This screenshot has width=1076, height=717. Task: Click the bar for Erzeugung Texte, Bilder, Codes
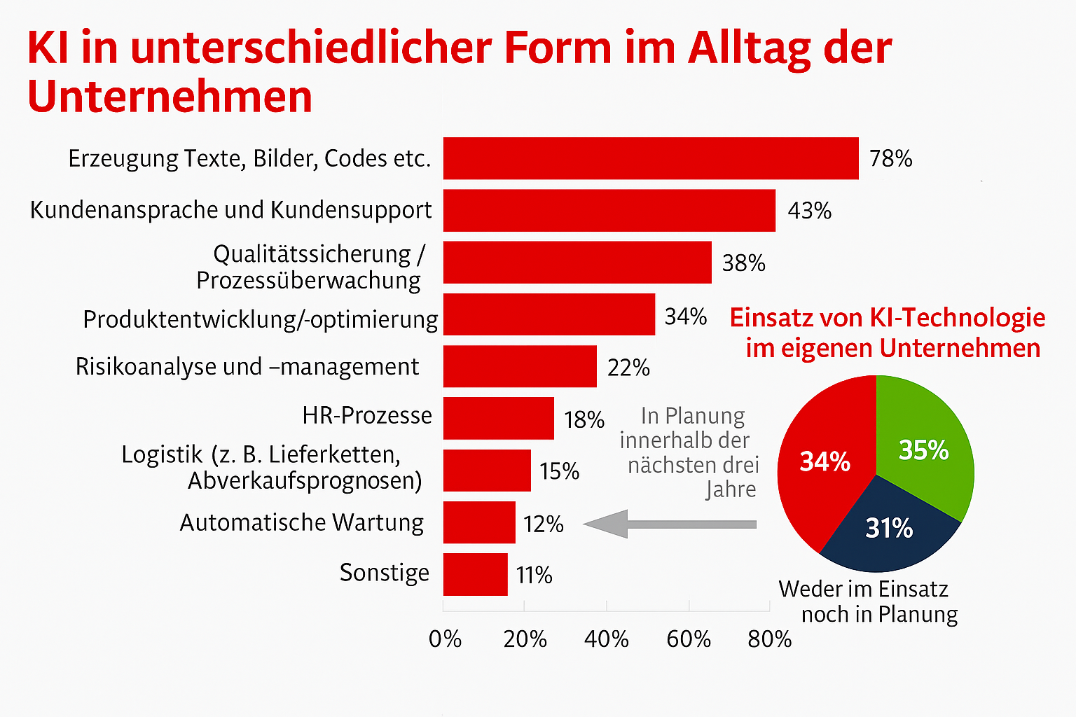(x=650, y=158)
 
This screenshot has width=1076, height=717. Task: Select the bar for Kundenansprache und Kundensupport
(x=609, y=210)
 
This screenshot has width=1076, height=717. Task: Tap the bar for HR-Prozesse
(x=498, y=418)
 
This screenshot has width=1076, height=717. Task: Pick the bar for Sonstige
(x=475, y=574)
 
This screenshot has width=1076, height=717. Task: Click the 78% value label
(x=890, y=159)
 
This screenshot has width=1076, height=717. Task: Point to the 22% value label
(x=628, y=368)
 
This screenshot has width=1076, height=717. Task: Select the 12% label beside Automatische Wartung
(x=544, y=524)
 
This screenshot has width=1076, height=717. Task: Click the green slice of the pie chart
(x=923, y=448)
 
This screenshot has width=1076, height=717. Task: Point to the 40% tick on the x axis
(x=607, y=639)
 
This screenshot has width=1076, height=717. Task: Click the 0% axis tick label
(x=445, y=639)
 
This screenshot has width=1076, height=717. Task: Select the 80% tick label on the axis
(x=769, y=639)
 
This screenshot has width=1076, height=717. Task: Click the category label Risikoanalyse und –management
(x=247, y=367)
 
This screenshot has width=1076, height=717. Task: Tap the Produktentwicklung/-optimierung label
(x=260, y=319)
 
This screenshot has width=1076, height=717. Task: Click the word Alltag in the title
(x=747, y=48)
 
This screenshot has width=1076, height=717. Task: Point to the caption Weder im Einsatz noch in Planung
(x=867, y=601)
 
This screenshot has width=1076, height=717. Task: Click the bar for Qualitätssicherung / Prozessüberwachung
(x=577, y=263)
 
